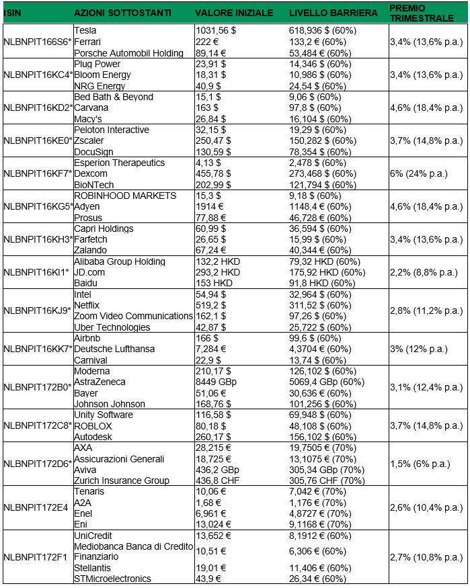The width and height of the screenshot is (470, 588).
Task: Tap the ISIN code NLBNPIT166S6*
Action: (38, 42)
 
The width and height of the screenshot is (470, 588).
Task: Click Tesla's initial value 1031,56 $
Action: (219, 31)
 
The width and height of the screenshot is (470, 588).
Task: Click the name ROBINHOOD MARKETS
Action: (116, 196)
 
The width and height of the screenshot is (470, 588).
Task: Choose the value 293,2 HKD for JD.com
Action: (217, 272)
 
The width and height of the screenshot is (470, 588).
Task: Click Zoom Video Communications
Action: (133, 316)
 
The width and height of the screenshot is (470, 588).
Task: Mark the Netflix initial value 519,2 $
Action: (211, 305)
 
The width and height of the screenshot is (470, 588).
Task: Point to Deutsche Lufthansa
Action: (114, 349)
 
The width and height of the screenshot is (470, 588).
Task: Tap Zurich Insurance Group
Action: (122, 480)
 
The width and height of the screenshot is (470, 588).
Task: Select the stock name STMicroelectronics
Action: (112, 579)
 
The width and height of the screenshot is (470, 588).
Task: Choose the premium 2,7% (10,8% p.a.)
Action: (423, 557)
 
